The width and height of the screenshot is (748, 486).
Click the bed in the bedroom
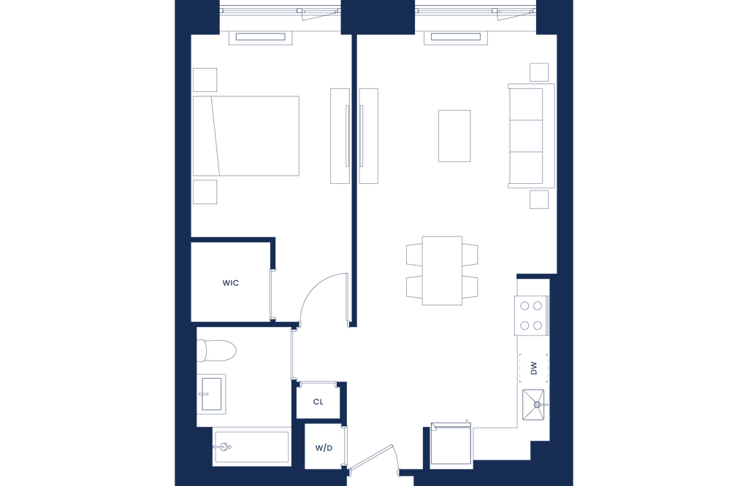[x=256, y=136]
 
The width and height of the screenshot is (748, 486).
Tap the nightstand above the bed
[x=207, y=80]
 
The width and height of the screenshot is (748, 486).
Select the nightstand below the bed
[x=207, y=190]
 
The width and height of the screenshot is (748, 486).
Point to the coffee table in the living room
[x=455, y=135]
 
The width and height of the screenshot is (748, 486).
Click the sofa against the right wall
[x=527, y=135]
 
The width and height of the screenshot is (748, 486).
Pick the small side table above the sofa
[x=539, y=72]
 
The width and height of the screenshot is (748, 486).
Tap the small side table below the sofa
[x=539, y=199]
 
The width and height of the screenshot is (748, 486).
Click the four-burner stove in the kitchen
[x=531, y=316]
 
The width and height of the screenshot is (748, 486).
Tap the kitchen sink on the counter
[x=533, y=366]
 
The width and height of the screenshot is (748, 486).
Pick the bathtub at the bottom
[x=251, y=444]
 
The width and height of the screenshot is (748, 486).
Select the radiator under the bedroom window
[x=259, y=37]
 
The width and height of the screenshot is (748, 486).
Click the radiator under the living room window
[x=455, y=37]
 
